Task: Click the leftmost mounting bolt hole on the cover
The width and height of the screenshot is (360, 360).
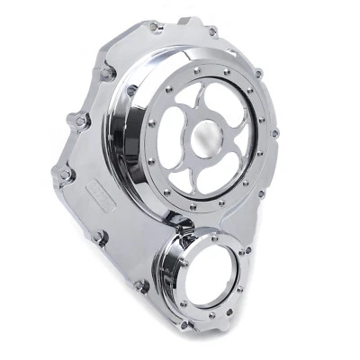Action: click(64, 175)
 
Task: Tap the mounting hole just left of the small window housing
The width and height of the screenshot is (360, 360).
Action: click(140, 287)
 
